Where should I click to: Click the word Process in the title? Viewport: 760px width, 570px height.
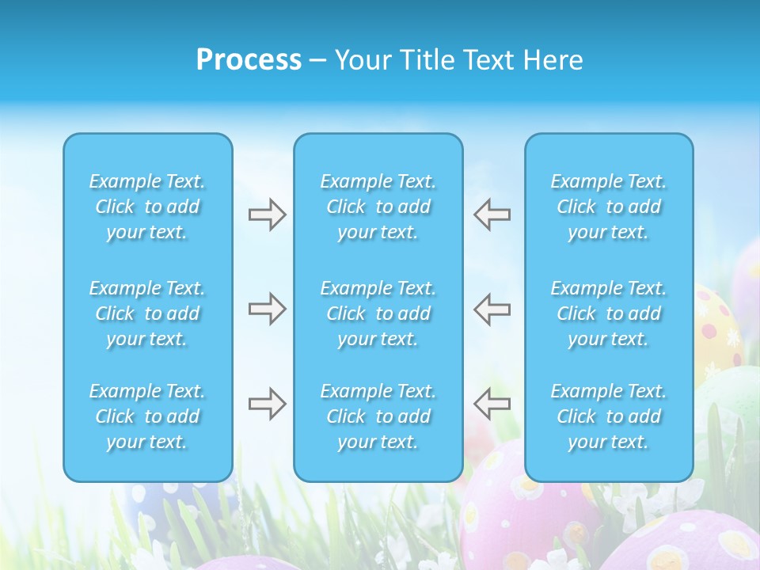(249, 60)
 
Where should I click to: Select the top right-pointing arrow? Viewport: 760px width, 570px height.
(267, 215)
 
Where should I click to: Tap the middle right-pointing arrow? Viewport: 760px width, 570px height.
(267, 309)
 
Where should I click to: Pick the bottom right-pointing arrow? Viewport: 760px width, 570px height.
(267, 404)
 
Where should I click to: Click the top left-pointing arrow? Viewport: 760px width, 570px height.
(492, 215)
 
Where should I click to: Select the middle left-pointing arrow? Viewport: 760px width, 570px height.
(492, 309)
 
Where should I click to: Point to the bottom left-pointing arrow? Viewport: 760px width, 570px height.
(492, 404)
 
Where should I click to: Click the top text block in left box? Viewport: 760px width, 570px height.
(147, 207)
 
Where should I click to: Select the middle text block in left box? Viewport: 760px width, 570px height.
(147, 313)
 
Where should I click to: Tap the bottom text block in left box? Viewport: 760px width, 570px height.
(147, 416)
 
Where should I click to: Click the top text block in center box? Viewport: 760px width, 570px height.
(378, 207)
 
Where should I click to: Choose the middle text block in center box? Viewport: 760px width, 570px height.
(378, 313)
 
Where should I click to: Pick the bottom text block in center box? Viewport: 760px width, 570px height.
(378, 416)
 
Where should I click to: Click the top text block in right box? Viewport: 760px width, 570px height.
(609, 207)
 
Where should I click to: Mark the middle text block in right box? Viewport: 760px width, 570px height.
(609, 313)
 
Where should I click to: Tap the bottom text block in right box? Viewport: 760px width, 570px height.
(609, 416)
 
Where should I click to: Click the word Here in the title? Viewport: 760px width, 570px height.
(553, 60)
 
